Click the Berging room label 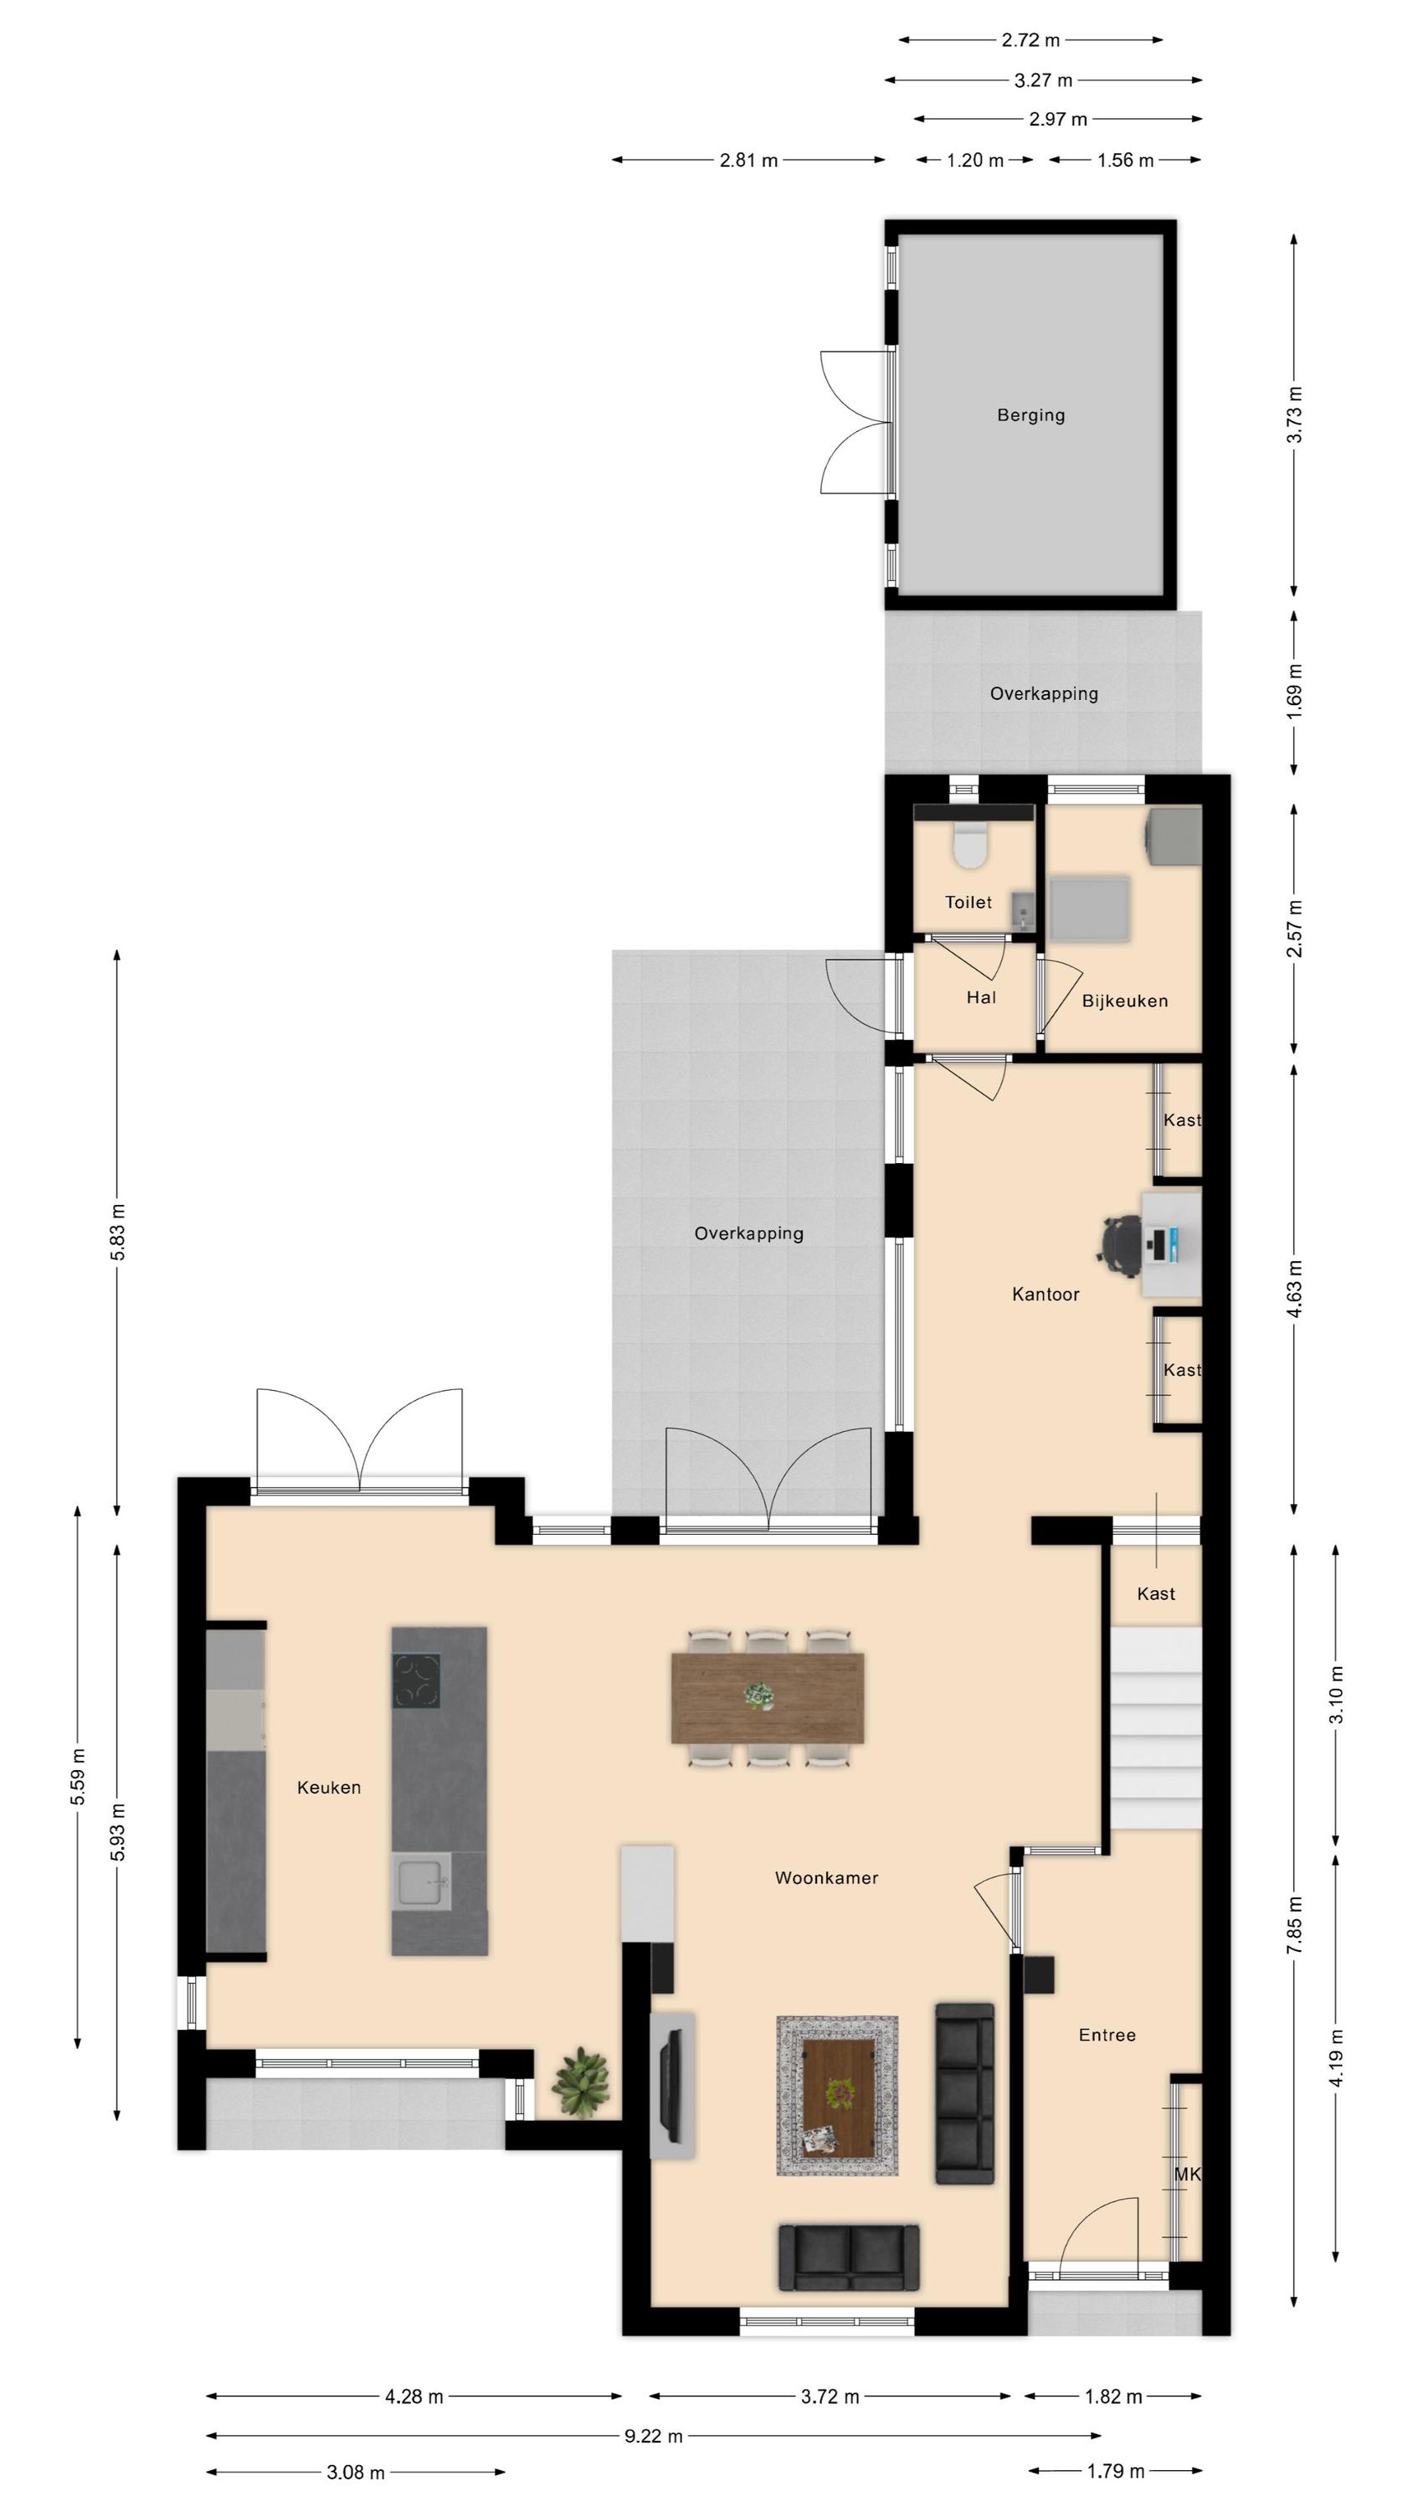pyautogui.click(x=1030, y=415)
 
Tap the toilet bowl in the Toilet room pyautogui.click(x=969, y=845)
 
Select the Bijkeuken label pyautogui.click(x=1124, y=1001)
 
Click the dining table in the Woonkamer pyautogui.click(x=767, y=1698)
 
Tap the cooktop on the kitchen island pyautogui.click(x=416, y=1681)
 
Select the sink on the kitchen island pyautogui.click(x=421, y=1882)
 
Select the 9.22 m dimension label pyautogui.click(x=654, y=2436)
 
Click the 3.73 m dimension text pyautogui.click(x=1294, y=415)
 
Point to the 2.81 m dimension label pyautogui.click(x=748, y=160)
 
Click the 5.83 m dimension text pyautogui.click(x=117, y=1233)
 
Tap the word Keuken pyautogui.click(x=329, y=1788)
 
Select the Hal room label pyautogui.click(x=981, y=997)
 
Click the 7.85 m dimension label pyautogui.click(x=1294, y=1925)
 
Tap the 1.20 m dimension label pyautogui.click(x=974, y=160)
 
